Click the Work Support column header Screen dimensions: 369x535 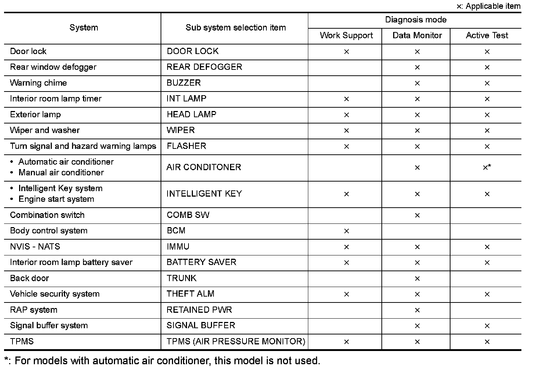click(x=346, y=36)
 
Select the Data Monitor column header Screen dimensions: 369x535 click(x=417, y=36)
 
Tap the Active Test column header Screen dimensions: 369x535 click(x=487, y=36)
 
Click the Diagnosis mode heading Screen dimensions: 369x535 click(x=416, y=20)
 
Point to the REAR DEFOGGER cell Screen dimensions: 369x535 click(x=204, y=67)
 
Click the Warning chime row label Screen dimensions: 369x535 click(x=39, y=83)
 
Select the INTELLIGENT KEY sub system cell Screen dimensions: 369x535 click(x=204, y=194)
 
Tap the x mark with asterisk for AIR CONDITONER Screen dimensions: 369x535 click(x=487, y=168)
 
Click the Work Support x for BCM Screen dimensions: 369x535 click(x=346, y=231)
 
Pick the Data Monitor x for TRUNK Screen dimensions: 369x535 click(x=417, y=279)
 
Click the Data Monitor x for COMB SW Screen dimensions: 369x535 click(x=417, y=215)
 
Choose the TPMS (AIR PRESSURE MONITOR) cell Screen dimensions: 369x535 click(x=236, y=341)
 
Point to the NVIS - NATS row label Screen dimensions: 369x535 click(x=35, y=247)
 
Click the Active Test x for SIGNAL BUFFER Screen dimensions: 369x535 click(x=487, y=326)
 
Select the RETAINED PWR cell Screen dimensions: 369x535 click(x=199, y=310)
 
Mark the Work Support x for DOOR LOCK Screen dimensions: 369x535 click(x=346, y=52)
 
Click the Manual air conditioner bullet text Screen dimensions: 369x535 click(x=61, y=173)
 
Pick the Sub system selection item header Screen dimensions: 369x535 click(x=236, y=28)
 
